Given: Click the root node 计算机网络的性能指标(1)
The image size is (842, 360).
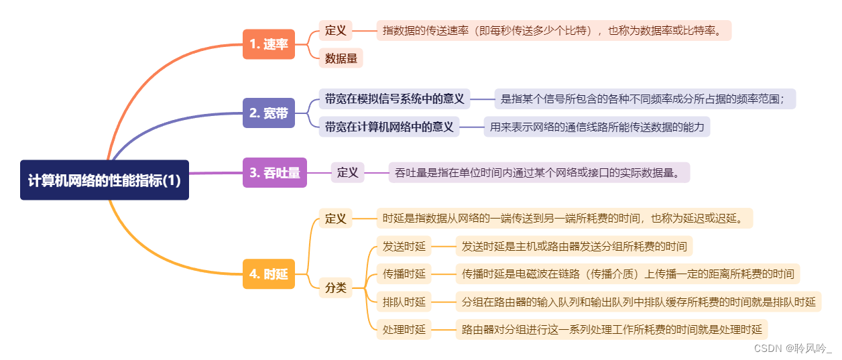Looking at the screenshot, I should click(105, 180).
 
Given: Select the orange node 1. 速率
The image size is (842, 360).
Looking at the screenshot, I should click(268, 44).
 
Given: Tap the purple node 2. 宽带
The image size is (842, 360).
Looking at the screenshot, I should click(268, 113).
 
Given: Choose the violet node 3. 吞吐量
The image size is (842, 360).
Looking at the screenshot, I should click(274, 172).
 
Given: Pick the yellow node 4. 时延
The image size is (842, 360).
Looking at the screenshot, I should click(268, 274).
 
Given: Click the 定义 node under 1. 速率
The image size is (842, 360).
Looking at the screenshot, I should click(335, 30).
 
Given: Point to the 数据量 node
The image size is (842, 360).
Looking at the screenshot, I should click(341, 58).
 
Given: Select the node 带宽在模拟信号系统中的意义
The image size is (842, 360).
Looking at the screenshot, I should click(394, 99).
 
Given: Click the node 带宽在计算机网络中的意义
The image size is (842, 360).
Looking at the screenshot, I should click(389, 126).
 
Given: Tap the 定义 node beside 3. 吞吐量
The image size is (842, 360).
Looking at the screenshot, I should click(347, 172).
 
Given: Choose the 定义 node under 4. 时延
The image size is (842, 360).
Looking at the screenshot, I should click(335, 218).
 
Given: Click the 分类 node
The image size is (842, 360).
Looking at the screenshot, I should click(335, 288).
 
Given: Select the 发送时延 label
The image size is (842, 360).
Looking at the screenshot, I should click(404, 246).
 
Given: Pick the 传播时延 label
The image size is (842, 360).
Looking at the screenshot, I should click(404, 274).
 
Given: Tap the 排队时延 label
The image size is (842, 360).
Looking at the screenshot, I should click(404, 302).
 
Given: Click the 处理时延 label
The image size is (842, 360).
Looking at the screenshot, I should click(404, 329).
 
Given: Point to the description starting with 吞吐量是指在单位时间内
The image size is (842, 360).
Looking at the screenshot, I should click(538, 172).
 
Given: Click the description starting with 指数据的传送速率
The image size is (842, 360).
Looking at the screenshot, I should click(553, 30).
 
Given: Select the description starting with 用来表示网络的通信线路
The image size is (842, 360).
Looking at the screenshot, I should click(596, 126).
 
